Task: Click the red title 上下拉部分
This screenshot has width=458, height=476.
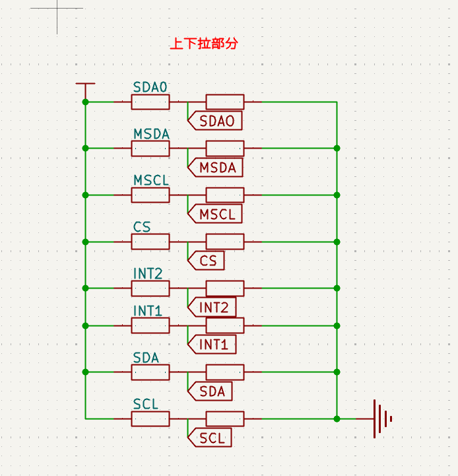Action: click(x=203, y=44)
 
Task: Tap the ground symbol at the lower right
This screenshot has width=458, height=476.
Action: click(x=381, y=419)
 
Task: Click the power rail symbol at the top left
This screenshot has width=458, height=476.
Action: click(x=85, y=85)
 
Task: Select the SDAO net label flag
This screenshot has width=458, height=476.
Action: click(x=215, y=121)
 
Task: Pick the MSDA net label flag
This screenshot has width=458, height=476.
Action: click(x=215, y=168)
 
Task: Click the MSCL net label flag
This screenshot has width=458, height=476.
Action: click(x=215, y=214)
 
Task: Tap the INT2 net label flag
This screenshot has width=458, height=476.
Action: click(x=212, y=307)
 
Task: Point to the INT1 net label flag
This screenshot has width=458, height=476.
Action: click(x=212, y=344)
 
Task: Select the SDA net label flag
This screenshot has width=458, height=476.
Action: click(x=211, y=391)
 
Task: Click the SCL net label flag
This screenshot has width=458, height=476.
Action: click(x=210, y=437)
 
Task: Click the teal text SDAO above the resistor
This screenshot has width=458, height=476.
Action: click(x=150, y=88)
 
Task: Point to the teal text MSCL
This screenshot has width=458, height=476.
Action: click(x=151, y=180)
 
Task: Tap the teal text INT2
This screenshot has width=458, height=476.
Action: click(x=148, y=273)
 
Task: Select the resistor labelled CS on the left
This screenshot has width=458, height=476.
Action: click(x=150, y=242)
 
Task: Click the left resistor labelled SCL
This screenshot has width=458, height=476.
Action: click(x=150, y=419)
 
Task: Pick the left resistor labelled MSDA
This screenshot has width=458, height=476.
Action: click(x=150, y=149)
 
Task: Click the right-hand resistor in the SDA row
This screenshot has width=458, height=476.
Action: click(x=225, y=372)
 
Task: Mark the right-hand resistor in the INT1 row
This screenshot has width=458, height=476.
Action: click(x=225, y=325)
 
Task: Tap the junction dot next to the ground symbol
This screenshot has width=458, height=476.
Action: click(x=337, y=419)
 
